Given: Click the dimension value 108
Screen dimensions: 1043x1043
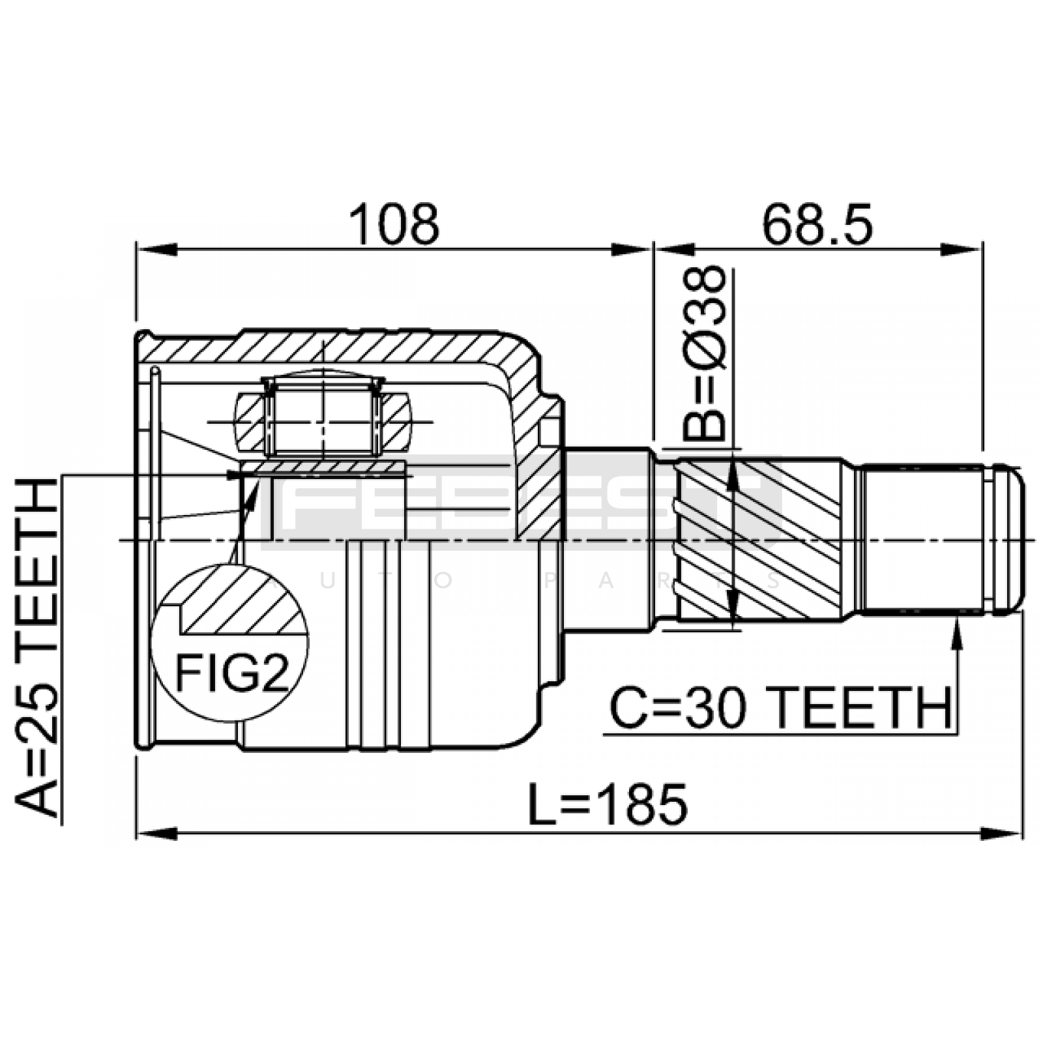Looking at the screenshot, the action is pyautogui.click(x=394, y=224).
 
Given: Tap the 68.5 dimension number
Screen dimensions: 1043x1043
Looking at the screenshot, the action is pyautogui.click(x=817, y=224).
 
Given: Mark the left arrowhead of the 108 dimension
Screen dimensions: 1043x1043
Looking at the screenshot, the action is pyautogui.click(x=156, y=250).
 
